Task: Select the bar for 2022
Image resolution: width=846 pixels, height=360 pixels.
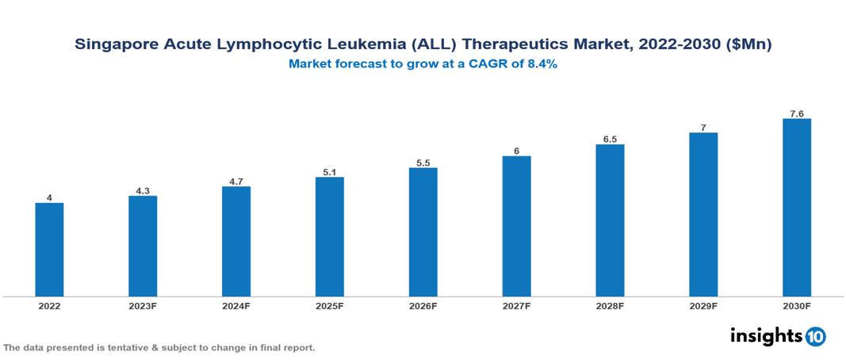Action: pyautogui.click(x=49, y=250)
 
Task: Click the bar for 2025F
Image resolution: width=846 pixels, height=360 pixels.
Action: pyautogui.click(x=329, y=236)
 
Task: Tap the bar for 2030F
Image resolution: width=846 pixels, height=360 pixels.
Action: pyautogui.click(x=796, y=208)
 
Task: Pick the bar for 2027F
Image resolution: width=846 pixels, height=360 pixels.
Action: pyautogui.click(x=516, y=226)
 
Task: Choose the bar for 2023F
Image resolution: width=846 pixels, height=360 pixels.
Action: pyautogui.click(x=143, y=246)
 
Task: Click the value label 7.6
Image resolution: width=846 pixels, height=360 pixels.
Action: pyautogui.click(x=796, y=113)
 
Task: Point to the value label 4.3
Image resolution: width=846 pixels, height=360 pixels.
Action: pyautogui.click(x=143, y=190)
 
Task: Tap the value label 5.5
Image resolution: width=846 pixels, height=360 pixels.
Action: pyautogui.click(x=423, y=163)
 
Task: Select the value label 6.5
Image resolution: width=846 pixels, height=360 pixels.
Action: pyautogui.click(x=610, y=139)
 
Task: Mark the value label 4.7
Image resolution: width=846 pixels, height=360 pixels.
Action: pyautogui.click(x=236, y=181)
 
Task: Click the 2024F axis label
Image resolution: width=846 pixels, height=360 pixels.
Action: pyautogui.click(x=236, y=305)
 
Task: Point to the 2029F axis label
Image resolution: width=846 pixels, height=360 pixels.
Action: pyautogui.click(x=703, y=305)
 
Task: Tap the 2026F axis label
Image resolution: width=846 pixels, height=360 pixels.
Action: pyautogui.click(x=423, y=305)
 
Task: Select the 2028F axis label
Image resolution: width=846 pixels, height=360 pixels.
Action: pyautogui.click(x=610, y=305)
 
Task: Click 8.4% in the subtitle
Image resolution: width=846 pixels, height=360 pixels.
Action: pyautogui.click(x=540, y=64)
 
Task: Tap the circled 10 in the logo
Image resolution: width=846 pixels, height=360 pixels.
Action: pyautogui.click(x=815, y=337)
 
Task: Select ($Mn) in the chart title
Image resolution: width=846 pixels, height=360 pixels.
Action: pyautogui.click(x=747, y=45)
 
